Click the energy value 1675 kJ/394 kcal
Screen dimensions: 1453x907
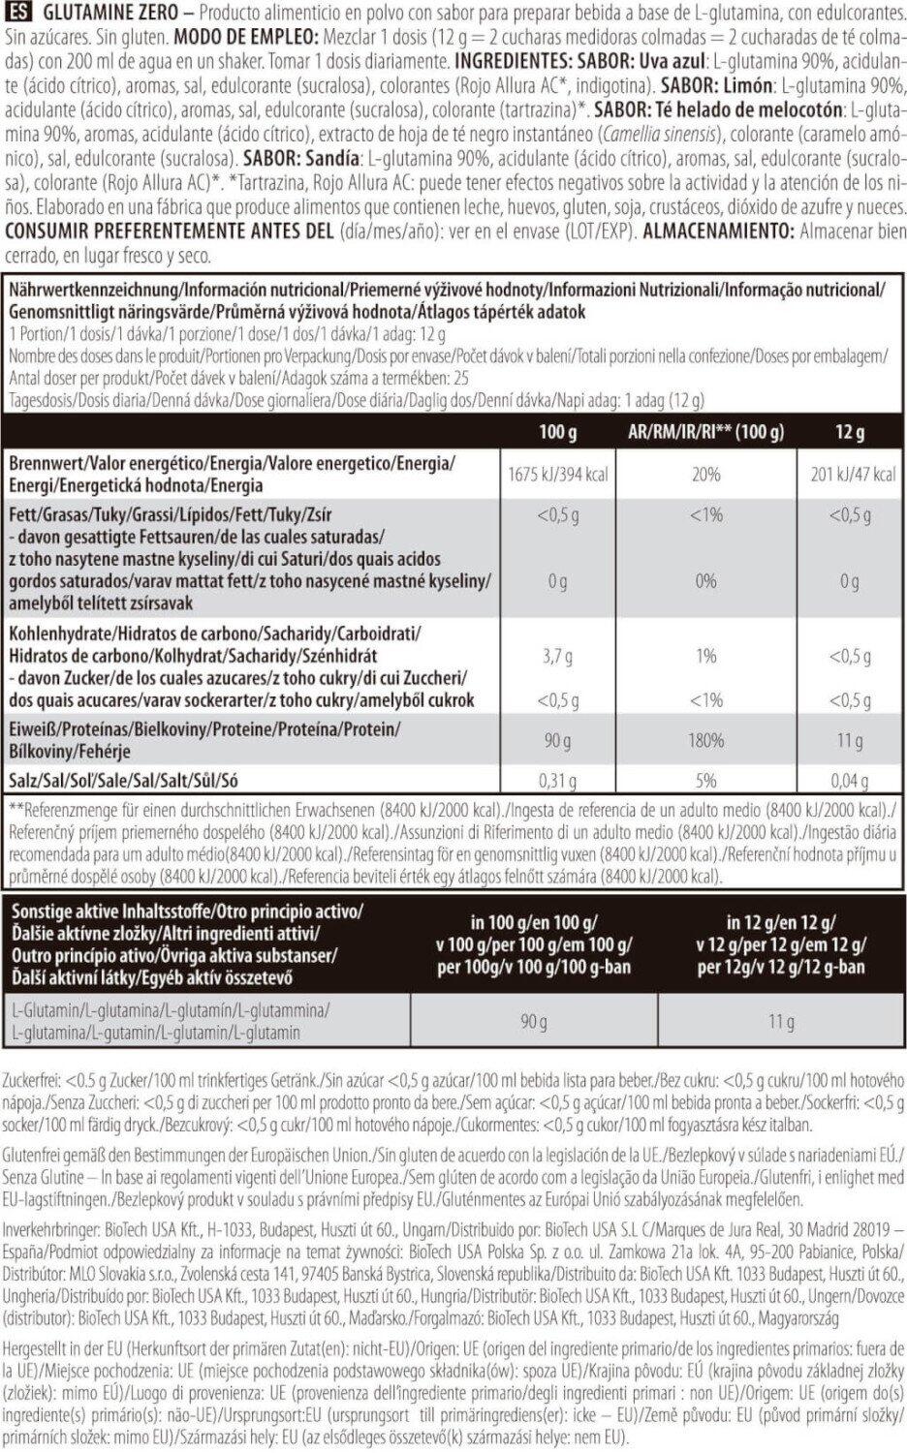tap(556, 475)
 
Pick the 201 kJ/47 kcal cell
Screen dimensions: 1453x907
tap(849, 475)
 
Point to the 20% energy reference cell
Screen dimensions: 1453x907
tap(705, 475)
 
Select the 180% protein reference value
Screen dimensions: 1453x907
tap(705, 740)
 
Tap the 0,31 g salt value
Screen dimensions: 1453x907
tap(556, 781)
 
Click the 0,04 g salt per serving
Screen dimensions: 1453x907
tap(849, 781)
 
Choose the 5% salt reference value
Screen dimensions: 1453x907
tap(705, 781)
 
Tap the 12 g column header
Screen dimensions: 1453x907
tap(849, 432)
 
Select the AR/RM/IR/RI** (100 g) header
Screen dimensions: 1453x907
tap(705, 432)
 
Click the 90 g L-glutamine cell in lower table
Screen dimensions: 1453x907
tap(534, 1022)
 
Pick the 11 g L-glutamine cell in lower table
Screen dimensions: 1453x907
tap(781, 1022)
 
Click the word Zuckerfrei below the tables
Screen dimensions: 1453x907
tap(32, 1079)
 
